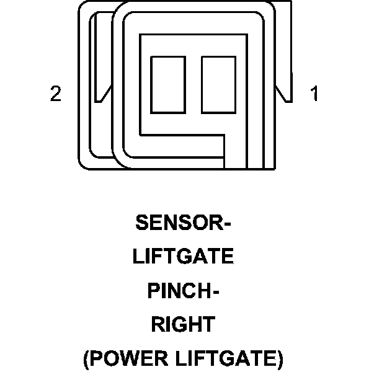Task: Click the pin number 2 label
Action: tap(56, 95)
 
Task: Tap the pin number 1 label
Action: tap(314, 95)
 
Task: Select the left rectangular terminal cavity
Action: tap(164, 84)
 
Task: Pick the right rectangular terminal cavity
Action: tap(215, 84)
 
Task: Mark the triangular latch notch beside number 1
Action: tap(282, 94)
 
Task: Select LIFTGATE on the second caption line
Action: tap(183, 257)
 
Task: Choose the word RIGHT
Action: tap(183, 324)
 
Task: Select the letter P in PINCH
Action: tap(153, 291)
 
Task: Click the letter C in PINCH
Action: tap(187, 291)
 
